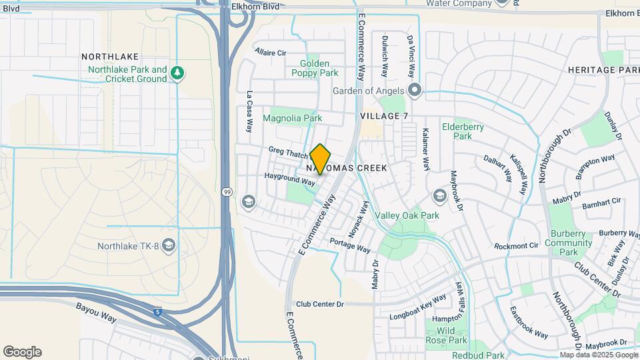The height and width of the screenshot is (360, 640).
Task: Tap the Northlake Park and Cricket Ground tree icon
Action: pyautogui.click(x=177, y=73)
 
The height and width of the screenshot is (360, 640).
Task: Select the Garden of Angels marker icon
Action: pyautogui.click(x=415, y=90)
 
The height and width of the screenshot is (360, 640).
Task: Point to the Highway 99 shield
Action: pyautogui.click(x=227, y=191)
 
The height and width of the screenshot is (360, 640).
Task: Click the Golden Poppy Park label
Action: pyautogui.click(x=314, y=68)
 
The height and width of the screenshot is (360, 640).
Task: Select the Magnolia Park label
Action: pyautogui.click(x=293, y=118)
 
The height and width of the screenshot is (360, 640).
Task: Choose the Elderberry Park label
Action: pyautogui.click(x=463, y=131)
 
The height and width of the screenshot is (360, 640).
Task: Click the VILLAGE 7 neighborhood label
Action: pyautogui.click(x=384, y=115)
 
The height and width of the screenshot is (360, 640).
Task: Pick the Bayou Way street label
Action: pyautogui.click(x=97, y=309)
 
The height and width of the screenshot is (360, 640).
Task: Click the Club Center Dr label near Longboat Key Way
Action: pyautogui.click(x=319, y=304)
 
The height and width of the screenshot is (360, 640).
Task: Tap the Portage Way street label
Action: pyautogui.click(x=350, y=245)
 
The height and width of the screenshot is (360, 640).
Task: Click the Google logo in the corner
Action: pyautogui.click(x=22, y=352)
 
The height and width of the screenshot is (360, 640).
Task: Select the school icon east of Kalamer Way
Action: pyautogui.click(x=439, y=195)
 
